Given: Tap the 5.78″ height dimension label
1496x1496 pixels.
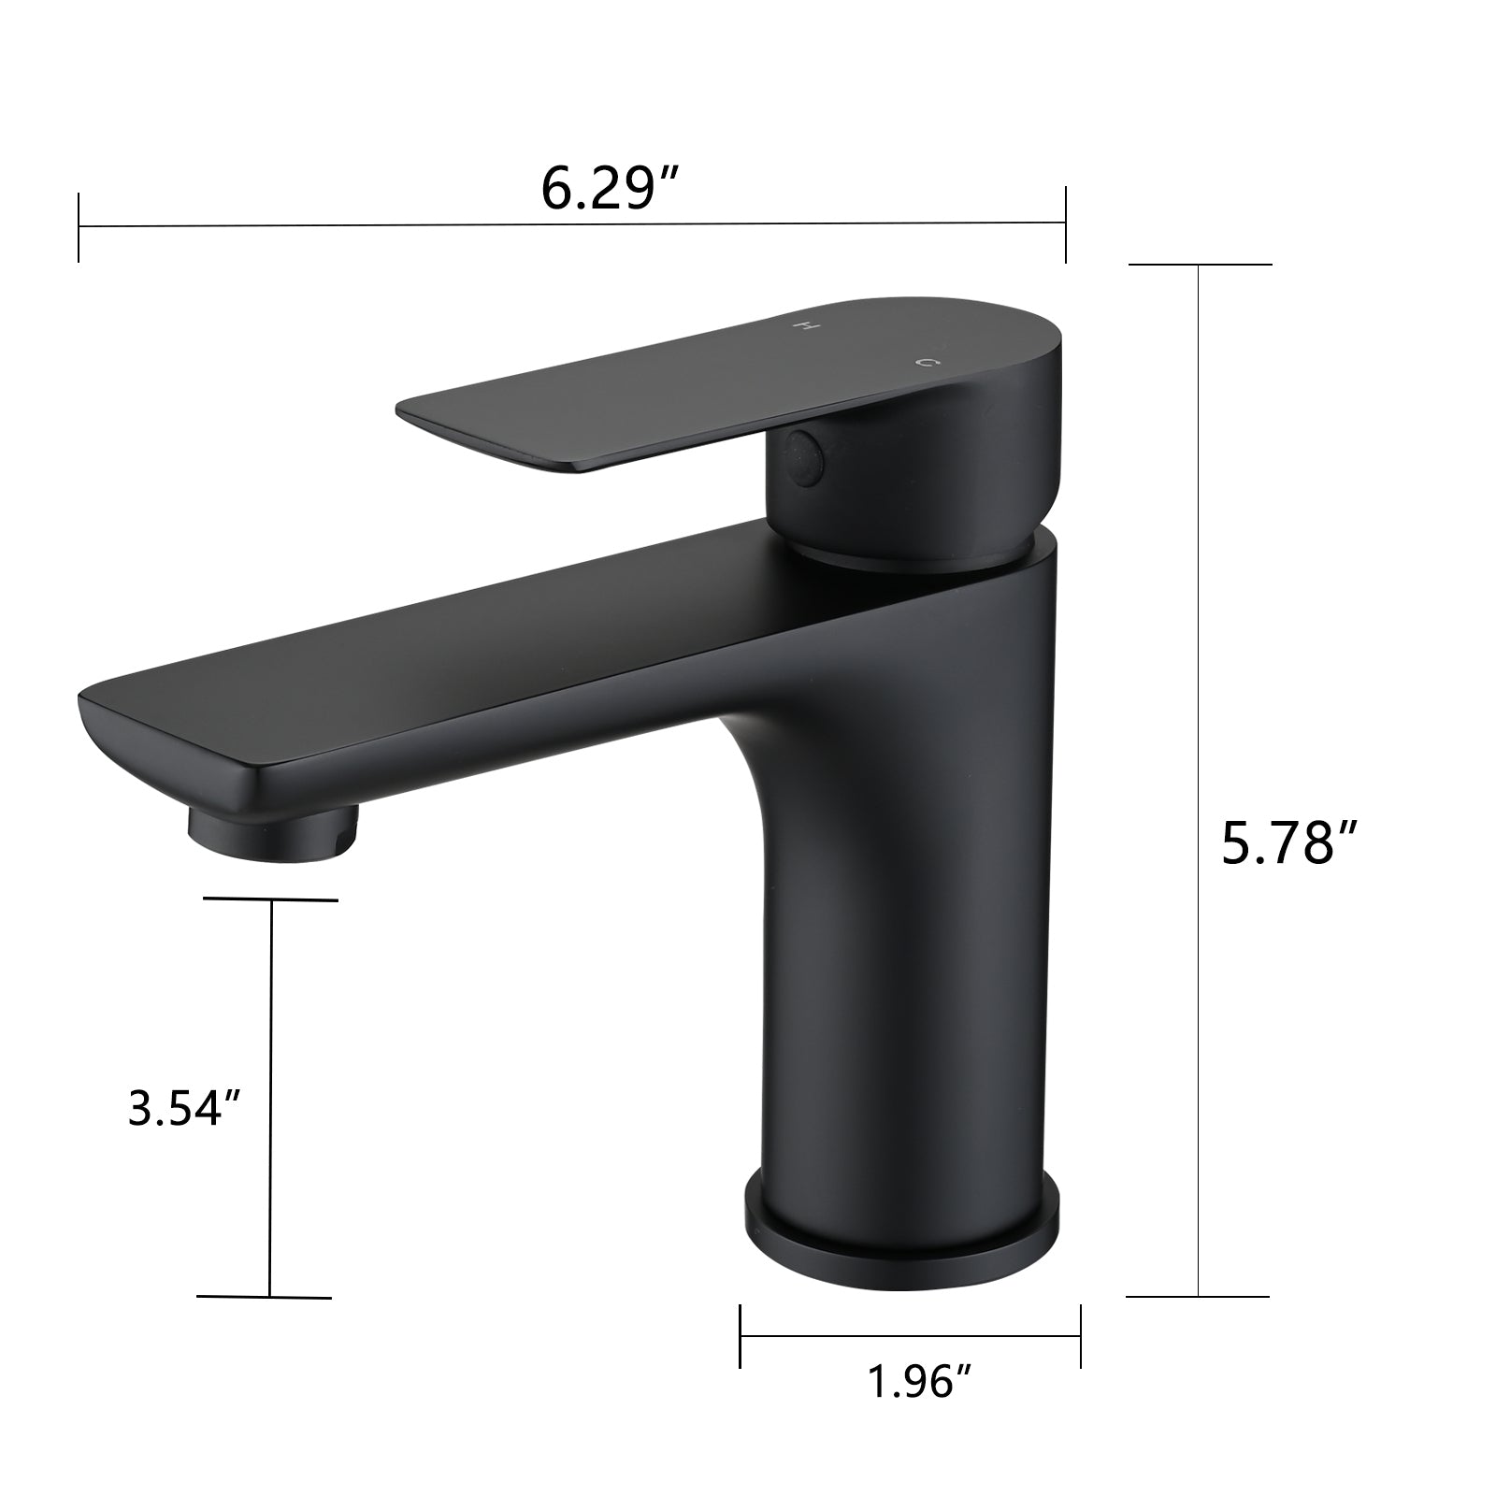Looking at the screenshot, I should pos(1289,843).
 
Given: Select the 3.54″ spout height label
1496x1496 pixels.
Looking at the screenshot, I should pos(185,1109).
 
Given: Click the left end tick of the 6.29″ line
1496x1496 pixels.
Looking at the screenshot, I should pos(79,226).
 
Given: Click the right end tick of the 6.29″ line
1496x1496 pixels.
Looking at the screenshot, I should pos(1065,223).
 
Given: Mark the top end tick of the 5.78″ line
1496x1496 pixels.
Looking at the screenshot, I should pos(1200,265).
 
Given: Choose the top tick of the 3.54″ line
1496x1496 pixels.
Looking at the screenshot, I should pos(271,900).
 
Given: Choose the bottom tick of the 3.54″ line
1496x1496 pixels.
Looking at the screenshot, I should pos(266,1297).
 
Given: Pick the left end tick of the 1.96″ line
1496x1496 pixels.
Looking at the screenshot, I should pos(741,1336).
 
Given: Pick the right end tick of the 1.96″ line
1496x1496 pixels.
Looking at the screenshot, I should pos(1081,1336).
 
